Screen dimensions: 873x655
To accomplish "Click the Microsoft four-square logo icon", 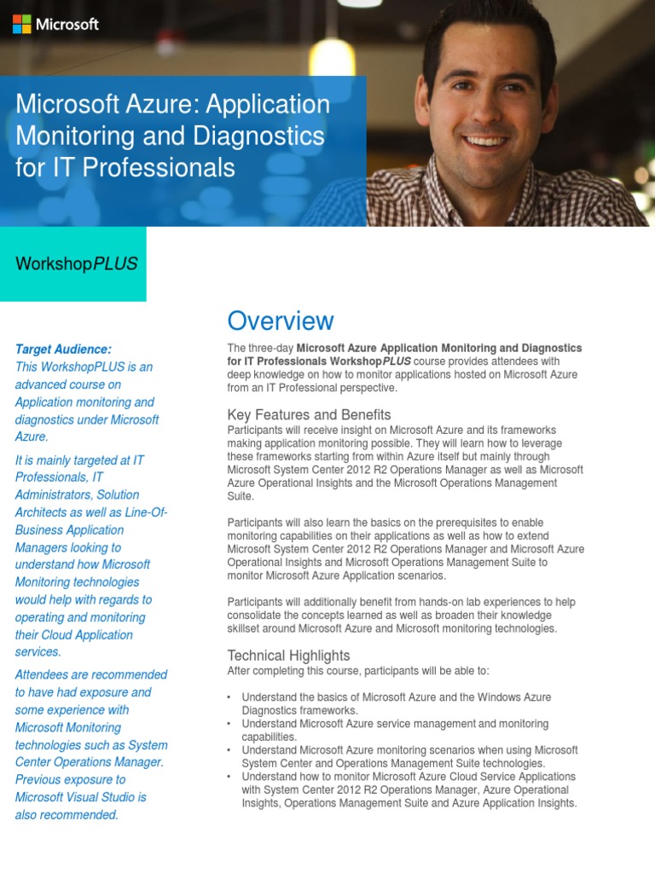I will [22, 25].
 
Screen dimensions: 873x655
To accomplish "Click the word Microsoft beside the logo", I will [67, 25].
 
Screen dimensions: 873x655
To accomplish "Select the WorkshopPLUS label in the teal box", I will [77, 263].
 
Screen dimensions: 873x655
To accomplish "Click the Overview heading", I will [281, 321].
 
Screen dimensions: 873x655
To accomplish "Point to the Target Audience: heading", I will [63, 350].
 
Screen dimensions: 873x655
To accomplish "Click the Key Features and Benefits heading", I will [309, 414].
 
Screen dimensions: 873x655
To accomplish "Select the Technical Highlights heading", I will [288, 655].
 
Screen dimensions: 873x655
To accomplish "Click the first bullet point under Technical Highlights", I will [229, 697].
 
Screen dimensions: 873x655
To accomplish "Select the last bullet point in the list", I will [229, 777].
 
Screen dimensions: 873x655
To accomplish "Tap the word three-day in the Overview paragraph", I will [269, 348].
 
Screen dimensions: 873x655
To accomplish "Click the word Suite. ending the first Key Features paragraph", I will [241, 496].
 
